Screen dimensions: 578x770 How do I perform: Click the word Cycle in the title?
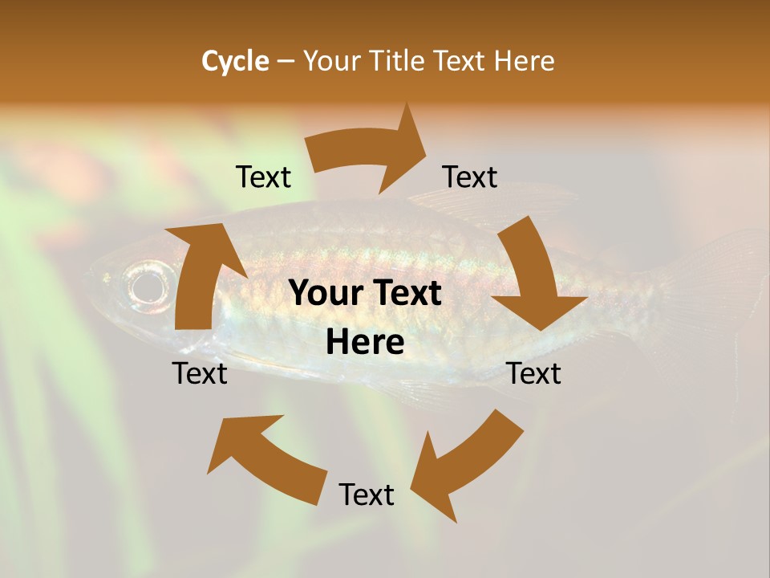[235, 61]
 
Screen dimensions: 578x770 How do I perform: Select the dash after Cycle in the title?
[286, 62]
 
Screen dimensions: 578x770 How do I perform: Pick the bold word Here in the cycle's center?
[365, 343]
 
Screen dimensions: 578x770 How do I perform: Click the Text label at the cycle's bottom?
[367, 495]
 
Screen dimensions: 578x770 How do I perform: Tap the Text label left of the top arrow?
[263, 177]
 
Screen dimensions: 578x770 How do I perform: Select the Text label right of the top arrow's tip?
[470, 177]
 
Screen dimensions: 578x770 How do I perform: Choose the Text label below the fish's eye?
[200, 373]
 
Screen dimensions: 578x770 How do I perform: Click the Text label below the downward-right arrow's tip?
[533, 373]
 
